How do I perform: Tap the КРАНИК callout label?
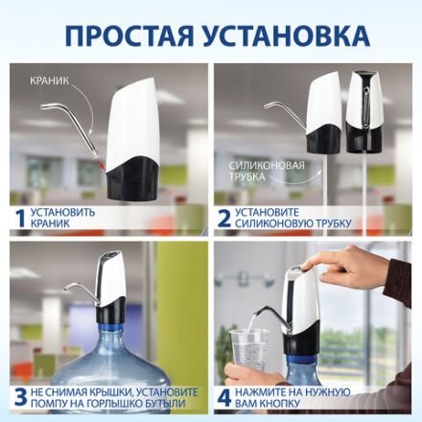click(49, 82)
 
